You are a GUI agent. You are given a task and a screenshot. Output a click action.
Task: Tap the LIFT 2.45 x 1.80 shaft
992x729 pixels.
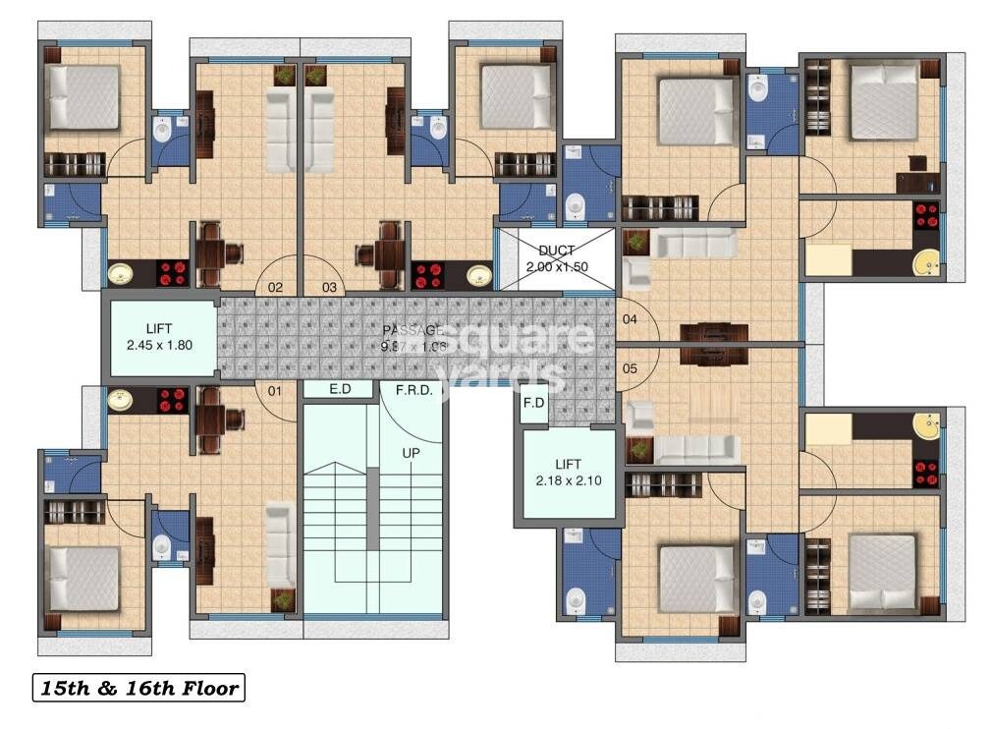tap(160, 337)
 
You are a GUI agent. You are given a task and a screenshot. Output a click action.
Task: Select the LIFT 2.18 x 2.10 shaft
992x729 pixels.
tap(568, 473)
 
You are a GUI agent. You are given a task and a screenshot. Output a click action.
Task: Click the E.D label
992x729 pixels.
tap(340, 389)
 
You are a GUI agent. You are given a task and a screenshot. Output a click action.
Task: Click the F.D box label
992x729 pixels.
tap(533, 403)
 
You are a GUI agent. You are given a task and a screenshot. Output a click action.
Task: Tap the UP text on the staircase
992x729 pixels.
tap(410, 453)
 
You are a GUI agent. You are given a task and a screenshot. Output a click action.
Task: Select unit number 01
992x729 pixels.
tap(275, 391)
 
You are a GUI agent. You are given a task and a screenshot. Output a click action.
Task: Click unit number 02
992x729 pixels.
tap(275, 288)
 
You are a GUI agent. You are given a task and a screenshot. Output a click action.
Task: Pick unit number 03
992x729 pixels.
tap(329, 288)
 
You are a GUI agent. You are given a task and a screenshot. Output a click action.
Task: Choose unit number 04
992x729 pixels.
tap(630, 319)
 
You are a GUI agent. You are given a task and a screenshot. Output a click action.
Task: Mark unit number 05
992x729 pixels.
tap(630, 368)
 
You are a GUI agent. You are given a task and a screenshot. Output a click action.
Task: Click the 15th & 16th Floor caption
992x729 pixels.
tap(138, 688)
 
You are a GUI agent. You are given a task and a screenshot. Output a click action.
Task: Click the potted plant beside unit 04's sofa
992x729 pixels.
tap(636, 242)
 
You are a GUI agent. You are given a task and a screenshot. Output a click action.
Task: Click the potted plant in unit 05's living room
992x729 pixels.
tap(640, 448)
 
